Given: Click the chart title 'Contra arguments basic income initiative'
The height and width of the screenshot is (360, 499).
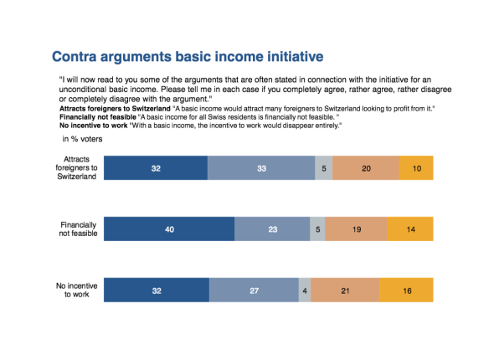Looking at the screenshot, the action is pyautogui.click(x=188, y=57).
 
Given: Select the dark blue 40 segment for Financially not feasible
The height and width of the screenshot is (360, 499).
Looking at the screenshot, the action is pyautogui.click(x=169, y=229).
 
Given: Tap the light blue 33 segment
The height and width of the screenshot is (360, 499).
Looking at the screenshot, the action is pyautogui.click(x=261, y=167).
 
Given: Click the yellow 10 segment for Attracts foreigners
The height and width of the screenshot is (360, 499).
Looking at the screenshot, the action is pyautogui.click(x=416, y=167).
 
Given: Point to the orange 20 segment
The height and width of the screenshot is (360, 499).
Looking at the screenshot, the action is pyautogui.click(x=366, y=167).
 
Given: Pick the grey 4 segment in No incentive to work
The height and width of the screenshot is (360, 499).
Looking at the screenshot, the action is pyautogui.click(x=305, y=290).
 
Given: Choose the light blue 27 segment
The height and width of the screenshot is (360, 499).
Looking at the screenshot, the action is pyautogui.click(x=254, y=290).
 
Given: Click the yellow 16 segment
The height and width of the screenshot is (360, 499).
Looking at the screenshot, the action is pyautogui.click(x=407, y=290).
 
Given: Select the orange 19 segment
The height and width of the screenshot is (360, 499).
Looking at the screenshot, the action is pyautogui.click(x=357, y=229).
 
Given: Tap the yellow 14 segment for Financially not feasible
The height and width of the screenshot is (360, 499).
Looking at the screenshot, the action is pyautogui.click(x=410, y=229).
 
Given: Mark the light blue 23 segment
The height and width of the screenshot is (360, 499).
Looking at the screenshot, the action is pyautogui.click(x=272, y=229).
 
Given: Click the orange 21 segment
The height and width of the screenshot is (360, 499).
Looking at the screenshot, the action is pyautogui.click(x=345, y=290).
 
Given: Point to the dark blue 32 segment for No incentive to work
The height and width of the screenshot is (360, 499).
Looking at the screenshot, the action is pyautogui.click(x=157, y=290).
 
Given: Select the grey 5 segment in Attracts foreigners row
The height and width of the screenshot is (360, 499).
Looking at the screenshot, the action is pyautogui.click(x=324, y=167).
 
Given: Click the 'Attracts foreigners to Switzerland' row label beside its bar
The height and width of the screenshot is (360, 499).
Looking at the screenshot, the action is pyautogui.click(x=76, y=167).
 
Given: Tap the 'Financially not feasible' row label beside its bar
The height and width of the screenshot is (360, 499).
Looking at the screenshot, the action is pyautogui.click(x=78, y=229).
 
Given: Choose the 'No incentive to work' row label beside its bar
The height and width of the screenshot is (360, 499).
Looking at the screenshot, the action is pyautogui.click(x=77, y=290).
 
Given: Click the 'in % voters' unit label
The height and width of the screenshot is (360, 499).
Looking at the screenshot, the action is pyautogui.click(x=82, y=139).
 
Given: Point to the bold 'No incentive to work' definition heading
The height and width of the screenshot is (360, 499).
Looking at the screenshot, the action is pyautogui.click(x=94, y=126).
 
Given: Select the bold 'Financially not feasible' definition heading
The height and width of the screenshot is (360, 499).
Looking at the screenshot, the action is pyautogui.click(x=98, y=117).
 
